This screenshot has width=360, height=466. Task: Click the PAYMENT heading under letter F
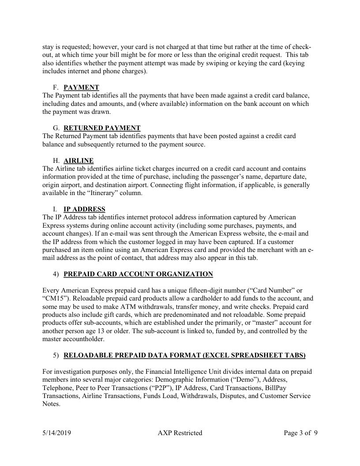[81, 87]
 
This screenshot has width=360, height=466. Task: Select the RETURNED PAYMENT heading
[102, 128]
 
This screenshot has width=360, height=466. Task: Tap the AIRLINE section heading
[79, 161]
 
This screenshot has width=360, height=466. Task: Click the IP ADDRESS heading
[84, 209]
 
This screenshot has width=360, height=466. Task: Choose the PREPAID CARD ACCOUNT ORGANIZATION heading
[138, 274]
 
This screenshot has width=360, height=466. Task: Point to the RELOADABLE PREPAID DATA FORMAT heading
[184, 355]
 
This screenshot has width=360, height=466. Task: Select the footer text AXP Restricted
[180, 433]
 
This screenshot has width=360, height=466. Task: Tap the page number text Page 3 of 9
[301, 433]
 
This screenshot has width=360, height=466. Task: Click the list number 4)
[56, 274]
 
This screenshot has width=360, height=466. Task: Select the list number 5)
[56, 355]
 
